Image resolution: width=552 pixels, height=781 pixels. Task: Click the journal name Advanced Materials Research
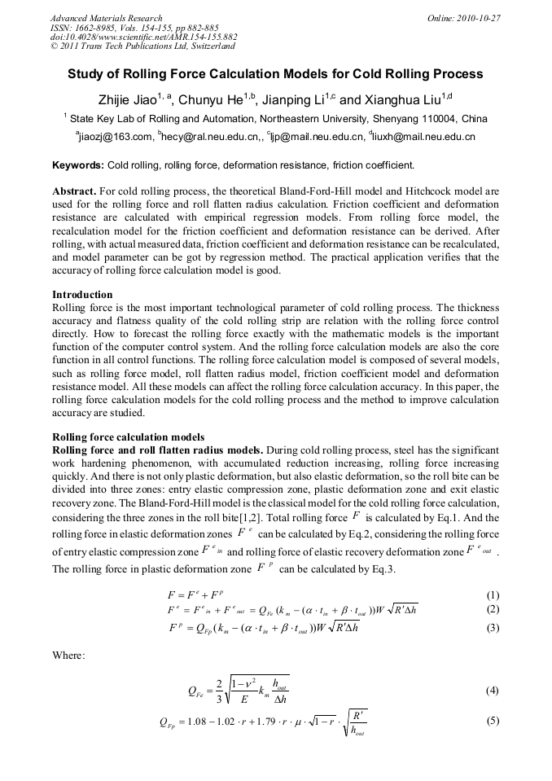pos(106,18)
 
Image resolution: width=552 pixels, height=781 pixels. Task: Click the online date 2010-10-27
pos(480,18)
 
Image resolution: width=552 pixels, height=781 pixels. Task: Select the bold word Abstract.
pos(74,191)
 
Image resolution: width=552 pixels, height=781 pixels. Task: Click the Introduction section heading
pos(82,295)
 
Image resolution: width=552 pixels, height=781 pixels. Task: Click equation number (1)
pos(492,595)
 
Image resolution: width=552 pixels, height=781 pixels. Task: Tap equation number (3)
pos(492,628)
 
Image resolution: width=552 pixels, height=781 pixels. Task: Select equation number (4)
pos(492,691)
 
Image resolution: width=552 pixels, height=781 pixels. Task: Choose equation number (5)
pos(492,721)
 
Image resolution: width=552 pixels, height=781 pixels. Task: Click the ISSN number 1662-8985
pos(92,28)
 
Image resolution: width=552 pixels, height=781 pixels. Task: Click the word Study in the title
pos(85,74)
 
